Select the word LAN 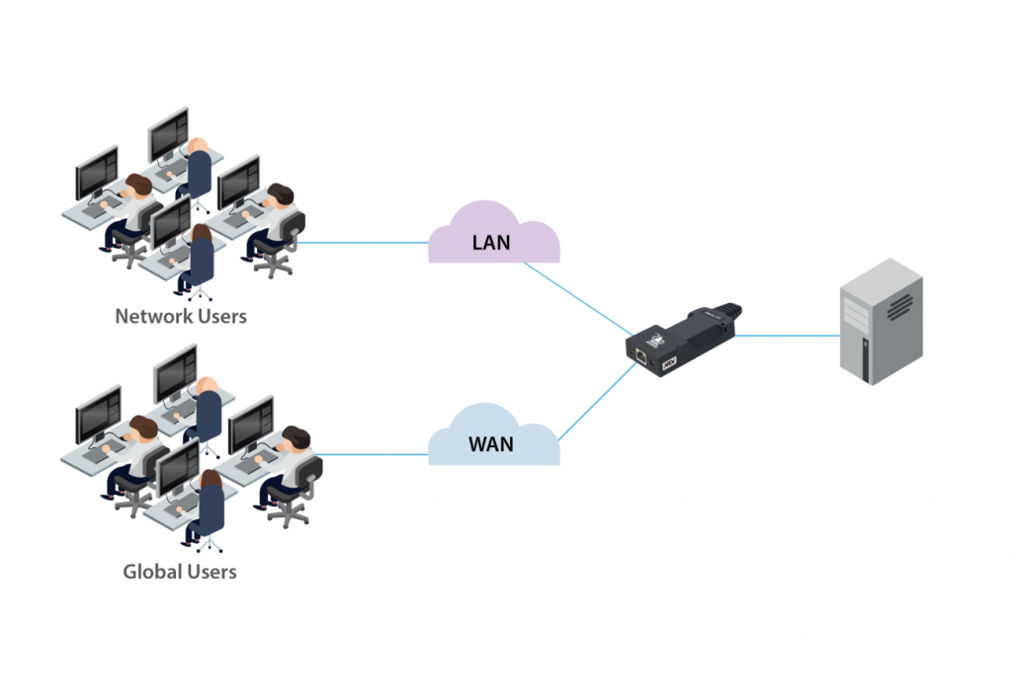pos(491,241)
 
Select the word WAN pos(491,443)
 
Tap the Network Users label pos(181,317)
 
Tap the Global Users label pos(180,572)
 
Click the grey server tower pos(880,321)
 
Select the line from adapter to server pos(786,336)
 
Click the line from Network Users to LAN pos(361,242)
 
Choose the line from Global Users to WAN pos(371,455)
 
